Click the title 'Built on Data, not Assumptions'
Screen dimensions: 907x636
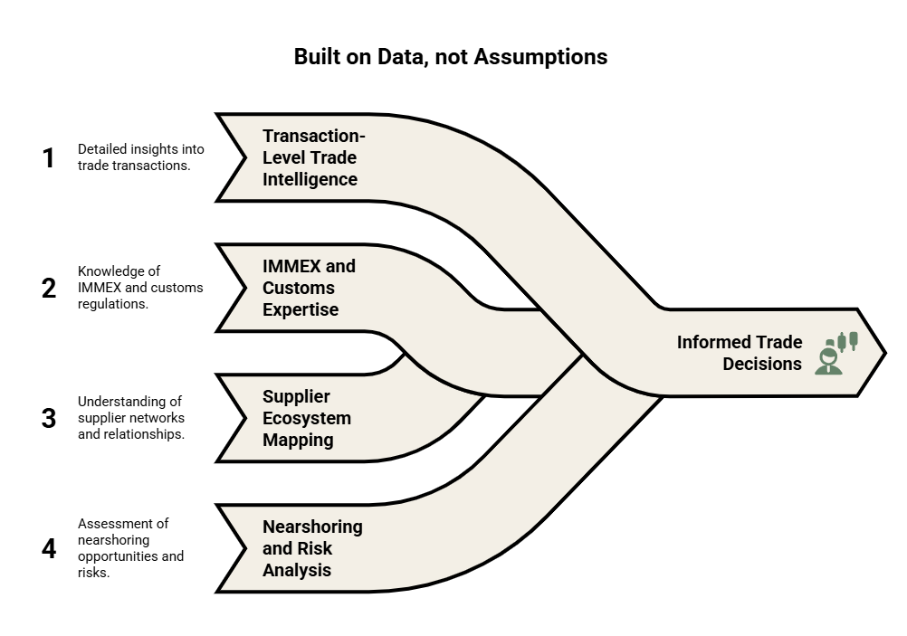[x=451, y=57]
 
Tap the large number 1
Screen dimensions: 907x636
[x=49, y=157]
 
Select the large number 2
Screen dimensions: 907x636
[x=49, y=288]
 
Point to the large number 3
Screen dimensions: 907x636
[x=49, y=418]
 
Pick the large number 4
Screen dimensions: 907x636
[x=49, y=548]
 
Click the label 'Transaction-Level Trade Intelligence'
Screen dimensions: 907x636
[x=313, y=157]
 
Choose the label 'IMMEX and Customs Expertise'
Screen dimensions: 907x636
[x=309, y=288]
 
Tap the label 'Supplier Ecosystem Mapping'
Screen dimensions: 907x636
[x=307, y=418]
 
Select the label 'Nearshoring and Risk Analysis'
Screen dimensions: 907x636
[x=312, y=548]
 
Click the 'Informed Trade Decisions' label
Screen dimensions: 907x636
[x=740, y=353]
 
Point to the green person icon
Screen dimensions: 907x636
[x=835, y=353]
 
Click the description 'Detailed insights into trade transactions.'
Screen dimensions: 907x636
[x=140, y=157]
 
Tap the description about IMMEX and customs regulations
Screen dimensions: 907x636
[x=140, y=288]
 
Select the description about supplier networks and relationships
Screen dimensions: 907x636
[x=131, y=417]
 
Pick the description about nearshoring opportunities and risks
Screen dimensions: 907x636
[x=130, y=547]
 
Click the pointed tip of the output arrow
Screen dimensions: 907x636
[x=885, y=353]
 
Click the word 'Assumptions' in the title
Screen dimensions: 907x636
[x=540, y=57]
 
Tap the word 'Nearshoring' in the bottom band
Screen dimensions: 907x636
[x=312, y=527]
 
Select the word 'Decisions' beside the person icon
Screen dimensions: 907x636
[x=762, y=364]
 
